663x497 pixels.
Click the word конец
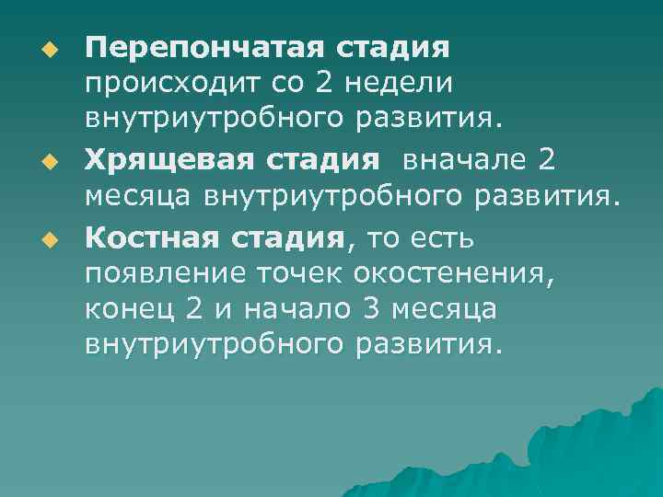(x=129, y=309)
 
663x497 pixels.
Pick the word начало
(x=291, y=309)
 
